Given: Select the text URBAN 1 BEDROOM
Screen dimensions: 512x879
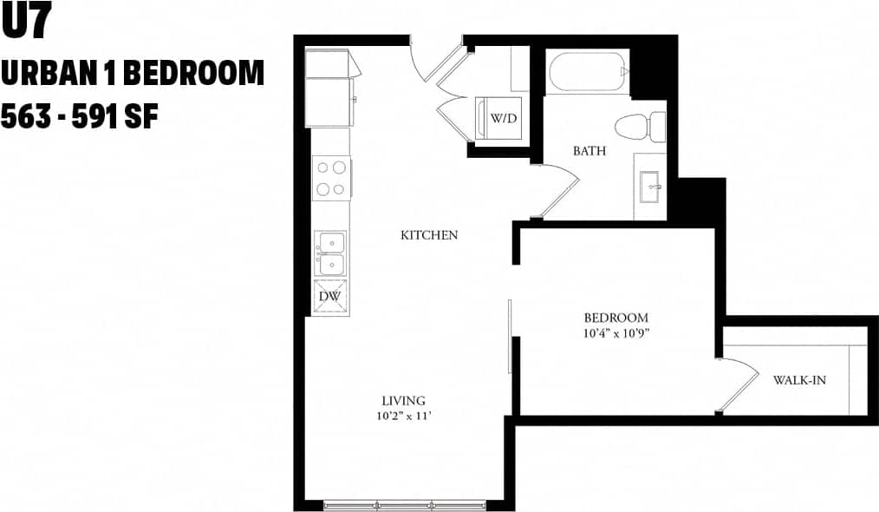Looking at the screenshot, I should coord(132,74).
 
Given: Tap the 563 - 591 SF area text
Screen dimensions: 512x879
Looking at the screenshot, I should coord(79,115).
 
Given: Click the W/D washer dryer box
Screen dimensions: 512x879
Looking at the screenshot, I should coord(503,119).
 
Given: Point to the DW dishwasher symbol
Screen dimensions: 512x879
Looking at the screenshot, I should coord(330,297).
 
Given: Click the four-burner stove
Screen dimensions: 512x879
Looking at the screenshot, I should coord(331,178).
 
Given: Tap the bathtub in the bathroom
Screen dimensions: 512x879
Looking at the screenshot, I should coord(587,73).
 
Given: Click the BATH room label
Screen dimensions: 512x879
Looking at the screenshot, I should coord(589,151).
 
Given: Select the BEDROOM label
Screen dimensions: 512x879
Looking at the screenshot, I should coord(615,318).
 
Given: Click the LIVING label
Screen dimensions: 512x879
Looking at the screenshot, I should coord(404,400).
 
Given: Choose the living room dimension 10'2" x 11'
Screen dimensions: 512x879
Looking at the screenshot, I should coord(404,416).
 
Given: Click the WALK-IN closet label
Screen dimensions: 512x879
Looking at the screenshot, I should coord(798,380).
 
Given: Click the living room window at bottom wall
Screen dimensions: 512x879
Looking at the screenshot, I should coord(405,504).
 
